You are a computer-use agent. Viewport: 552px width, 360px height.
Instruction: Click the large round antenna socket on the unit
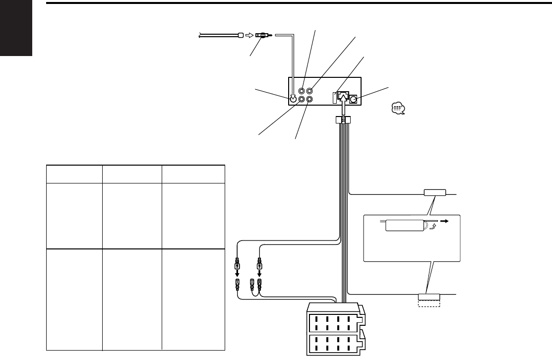click(x=293, y=99)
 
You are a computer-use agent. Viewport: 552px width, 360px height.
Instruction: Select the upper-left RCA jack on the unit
click(x=302, y=91)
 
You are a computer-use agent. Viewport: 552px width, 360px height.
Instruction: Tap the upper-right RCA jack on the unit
click(x=310, y=91)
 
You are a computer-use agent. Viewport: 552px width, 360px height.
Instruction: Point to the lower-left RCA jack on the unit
click(x=302, y=99)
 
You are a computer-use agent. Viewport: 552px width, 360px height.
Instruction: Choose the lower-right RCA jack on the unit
click(x=310, y=99)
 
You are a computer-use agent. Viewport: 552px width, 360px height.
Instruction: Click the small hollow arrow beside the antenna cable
click(x=249, y=35)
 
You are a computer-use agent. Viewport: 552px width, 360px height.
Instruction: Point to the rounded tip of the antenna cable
click(x=240, y=35)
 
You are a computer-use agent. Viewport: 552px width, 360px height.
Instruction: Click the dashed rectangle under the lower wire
click(x=429, y=304)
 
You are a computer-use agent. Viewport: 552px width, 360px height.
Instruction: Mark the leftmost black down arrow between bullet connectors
click(x=237, y=274)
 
